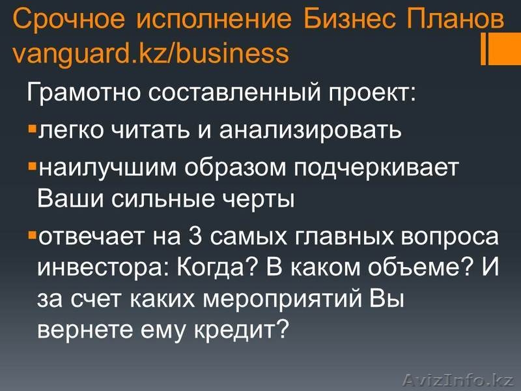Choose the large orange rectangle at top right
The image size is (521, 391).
click(505, 49)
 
